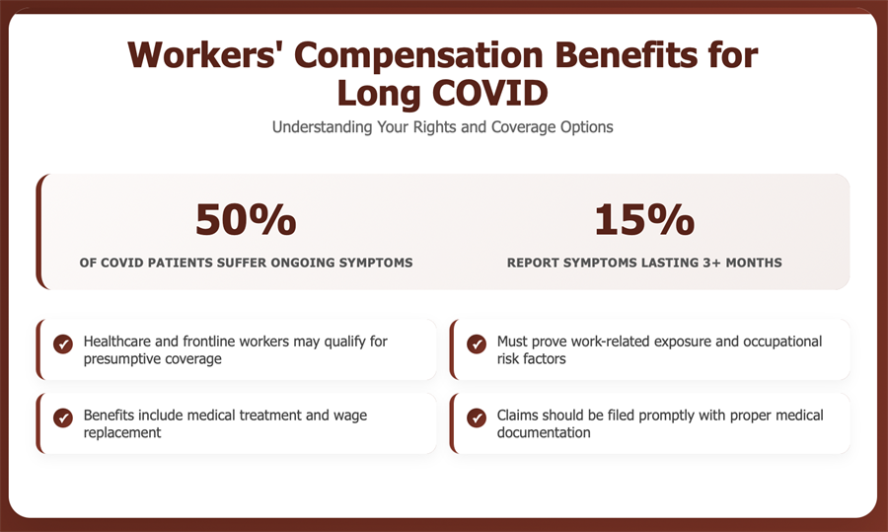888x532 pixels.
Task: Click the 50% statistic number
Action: pyautogui.click(x=246, y=219)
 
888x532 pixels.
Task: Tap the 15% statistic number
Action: pyautogui.click(x=644, y=219)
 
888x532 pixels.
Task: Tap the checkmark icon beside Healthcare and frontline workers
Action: pyautogui.click(x=63, y=343)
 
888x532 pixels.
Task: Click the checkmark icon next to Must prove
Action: pyautogui.click(x=477, y=343)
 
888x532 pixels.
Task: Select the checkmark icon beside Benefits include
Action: pyautogui.click(x=63, y=418)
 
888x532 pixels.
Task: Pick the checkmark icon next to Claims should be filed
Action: pyautogui.click(x=477, y=418)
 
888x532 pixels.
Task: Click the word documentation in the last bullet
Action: pyautogui.click(x=544, y=433)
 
